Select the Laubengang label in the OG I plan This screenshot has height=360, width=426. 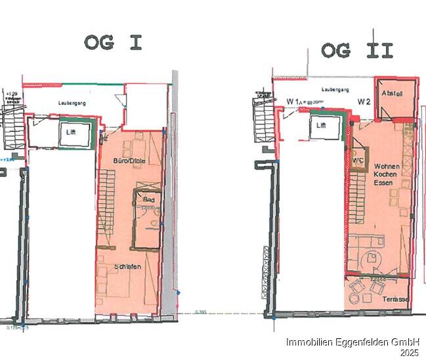click(72, 103)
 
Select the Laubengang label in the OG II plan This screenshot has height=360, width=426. click(334, 90)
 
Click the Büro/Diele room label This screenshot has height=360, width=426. click(128, 161)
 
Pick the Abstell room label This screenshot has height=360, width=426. click(392, 93)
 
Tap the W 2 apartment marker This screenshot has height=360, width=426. click(364, 102)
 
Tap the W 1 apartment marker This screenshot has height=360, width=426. click(293, 102)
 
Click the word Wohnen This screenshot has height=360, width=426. click(385, 167)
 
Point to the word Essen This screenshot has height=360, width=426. click(383, 184)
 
